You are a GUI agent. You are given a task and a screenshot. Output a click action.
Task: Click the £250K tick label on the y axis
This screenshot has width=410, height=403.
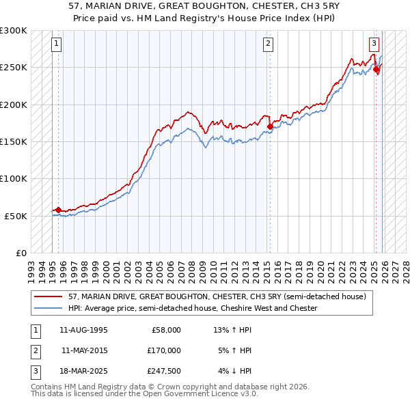click(x=14, y=68)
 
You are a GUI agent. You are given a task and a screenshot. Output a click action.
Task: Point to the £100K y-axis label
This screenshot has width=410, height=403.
click(x=14, y=178)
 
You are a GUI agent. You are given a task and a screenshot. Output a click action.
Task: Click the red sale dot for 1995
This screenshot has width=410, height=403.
click(x=58, y=210)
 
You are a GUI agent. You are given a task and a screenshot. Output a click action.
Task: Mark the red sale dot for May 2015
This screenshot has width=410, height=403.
click(x=270, y=126)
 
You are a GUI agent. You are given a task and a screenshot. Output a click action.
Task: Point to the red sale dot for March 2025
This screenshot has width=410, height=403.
click(x=376, y=69)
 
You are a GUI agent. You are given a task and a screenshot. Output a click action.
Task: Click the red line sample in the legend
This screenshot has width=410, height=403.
click(x=49, y=297)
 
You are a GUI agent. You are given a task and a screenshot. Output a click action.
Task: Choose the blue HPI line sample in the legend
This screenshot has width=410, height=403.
click(x=49, y=308)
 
